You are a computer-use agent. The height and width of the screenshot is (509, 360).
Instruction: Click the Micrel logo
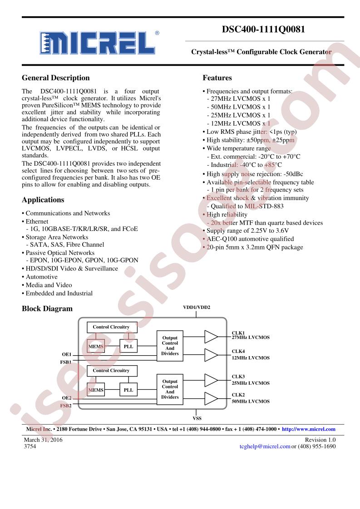pyautogui.click(x=98, y=43)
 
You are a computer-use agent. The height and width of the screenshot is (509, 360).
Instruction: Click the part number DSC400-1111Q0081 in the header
pyautogui.click(x=263, y=29)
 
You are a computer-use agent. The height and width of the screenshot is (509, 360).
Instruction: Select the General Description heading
pyautogui.click(x=55, y=78)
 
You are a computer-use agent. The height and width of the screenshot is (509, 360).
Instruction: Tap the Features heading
pyautogui.click(x=217, y=78)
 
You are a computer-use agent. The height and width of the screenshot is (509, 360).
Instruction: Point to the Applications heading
pyautogui.click(x=43, y=200)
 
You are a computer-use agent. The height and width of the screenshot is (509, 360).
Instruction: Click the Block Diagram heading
pyautogui.click(x=47, y=308)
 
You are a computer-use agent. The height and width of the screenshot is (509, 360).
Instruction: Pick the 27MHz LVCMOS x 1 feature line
pyautogui.click(x=238, y=99)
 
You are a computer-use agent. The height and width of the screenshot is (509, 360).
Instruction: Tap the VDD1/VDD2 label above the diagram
pyautogui.click(x=197, y=308)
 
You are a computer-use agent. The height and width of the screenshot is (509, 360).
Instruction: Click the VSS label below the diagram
pyautogui.click(x=197, y=418)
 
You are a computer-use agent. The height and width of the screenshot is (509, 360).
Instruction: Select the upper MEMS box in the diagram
pyautogui.click(x=96, y=347)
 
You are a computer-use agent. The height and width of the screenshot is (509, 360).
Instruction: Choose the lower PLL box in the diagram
pyautogui.click(x=128, y=390)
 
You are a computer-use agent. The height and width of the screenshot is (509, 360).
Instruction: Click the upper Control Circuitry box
pyautogui.click(x=112, y=327)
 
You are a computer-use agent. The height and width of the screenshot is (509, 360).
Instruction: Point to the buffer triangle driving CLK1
pyautogui.click(x=211, y=337)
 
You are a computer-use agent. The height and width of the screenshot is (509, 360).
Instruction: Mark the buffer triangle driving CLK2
pyautogui.click(x=211, y=399)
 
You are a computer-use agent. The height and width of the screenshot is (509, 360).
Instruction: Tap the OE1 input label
pyautogui.click(x=67, y=354)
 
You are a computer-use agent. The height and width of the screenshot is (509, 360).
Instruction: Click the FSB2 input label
pyautogui.click(x=66, y=406)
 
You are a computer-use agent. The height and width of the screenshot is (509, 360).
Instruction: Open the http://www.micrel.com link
pyautogui.click(x=309, y=429)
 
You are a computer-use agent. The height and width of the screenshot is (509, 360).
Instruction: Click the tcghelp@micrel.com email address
pyautogui.click(x=265, y=447)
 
